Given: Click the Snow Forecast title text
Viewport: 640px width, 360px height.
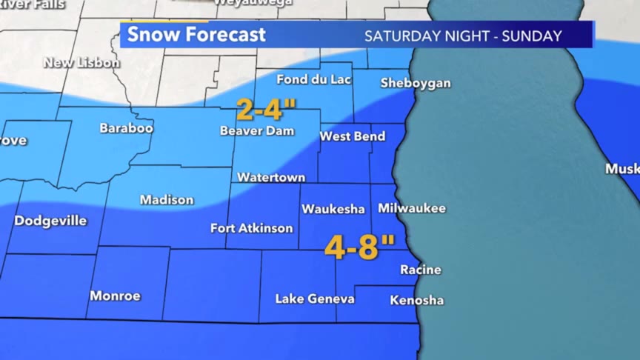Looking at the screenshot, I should point(196,35).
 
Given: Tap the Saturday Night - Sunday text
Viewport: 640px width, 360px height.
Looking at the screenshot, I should point(463,36).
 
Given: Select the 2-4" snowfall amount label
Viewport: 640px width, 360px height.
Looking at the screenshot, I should point(266,110).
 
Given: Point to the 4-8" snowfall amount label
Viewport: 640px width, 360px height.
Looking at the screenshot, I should point(360,247).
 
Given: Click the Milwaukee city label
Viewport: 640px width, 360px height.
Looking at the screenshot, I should point(412,208).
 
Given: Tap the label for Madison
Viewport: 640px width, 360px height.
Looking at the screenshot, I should point(167,200).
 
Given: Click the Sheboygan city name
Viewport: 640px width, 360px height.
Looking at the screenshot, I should point(415,83).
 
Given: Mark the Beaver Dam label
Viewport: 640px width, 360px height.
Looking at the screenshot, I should point(257,131).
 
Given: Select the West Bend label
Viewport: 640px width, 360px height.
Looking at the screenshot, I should point(353,136).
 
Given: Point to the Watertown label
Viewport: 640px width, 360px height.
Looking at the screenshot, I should point(271,178).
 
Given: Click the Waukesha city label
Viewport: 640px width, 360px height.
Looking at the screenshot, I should point(333,210).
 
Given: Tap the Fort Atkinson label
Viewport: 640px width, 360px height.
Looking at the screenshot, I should point(252,228).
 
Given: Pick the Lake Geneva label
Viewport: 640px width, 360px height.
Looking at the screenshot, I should point(315,299).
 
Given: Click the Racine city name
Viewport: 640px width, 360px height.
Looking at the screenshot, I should point(421,270).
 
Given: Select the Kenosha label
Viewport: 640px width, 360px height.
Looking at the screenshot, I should point(417,300).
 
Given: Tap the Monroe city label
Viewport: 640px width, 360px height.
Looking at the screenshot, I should point(115,296).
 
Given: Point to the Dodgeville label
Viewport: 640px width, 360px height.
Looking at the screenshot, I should point(50,221).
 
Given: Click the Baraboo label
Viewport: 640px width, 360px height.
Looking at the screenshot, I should point(127,128).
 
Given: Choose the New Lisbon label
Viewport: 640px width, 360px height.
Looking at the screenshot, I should point(81,63).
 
